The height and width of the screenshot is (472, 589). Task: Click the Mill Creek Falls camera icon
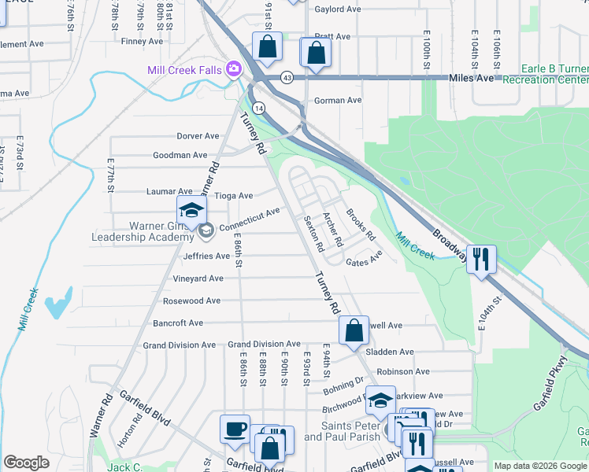(233, 70)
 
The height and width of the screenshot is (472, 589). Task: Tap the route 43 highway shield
(287, 77)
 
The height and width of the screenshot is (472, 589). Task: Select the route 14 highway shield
(258, 107)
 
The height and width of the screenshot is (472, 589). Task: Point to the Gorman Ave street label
(337, 101)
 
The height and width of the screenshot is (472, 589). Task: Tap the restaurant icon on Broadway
(482, 259)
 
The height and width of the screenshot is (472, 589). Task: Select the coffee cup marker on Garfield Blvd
(235, 429)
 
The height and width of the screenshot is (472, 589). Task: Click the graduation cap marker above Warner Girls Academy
(191, 210)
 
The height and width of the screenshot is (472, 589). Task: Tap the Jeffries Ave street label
(206, 256)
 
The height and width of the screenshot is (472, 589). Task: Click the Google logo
(26, 463)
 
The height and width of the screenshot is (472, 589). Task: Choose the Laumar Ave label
(169, 191)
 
